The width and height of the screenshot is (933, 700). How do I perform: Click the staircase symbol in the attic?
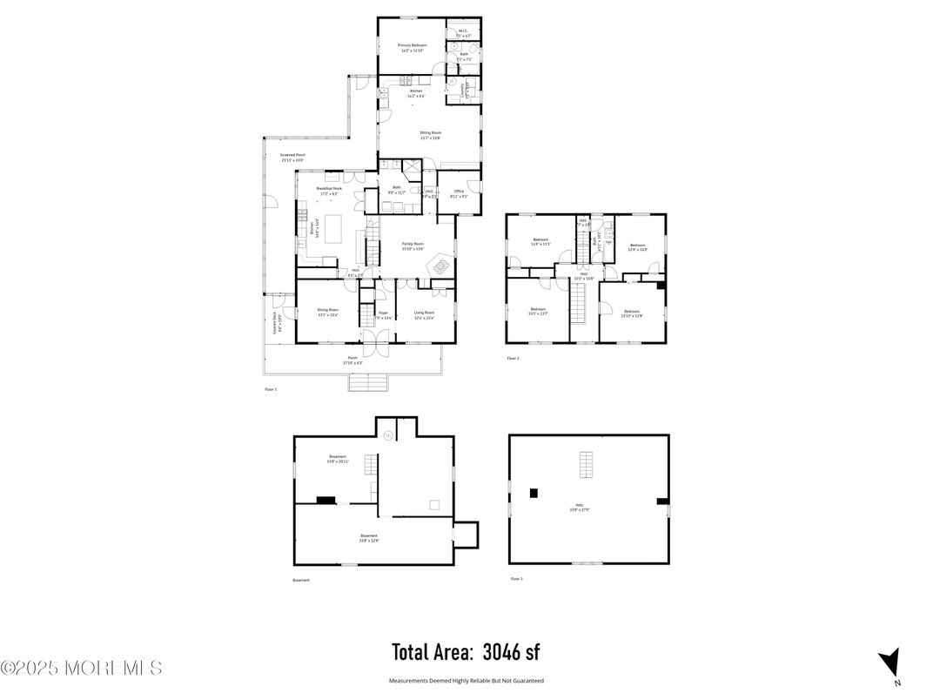[587, 465]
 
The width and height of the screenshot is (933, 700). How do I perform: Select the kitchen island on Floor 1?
[332, 235]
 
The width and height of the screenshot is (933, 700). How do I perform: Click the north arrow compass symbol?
[889, 663]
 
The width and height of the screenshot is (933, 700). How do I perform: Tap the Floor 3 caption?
[516, 578]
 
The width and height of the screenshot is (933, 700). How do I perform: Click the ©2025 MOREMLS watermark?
[81, 668]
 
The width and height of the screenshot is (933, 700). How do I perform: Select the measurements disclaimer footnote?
[466, 681]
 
